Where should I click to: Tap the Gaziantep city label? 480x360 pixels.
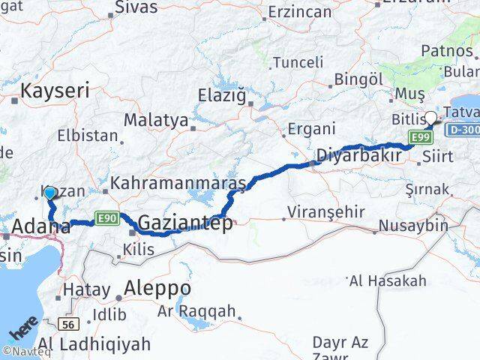(x=185, y=223)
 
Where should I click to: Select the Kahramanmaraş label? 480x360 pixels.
(x=178, y=183)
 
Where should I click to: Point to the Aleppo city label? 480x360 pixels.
(x=157, y=288)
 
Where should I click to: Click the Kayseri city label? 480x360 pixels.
(x=55, y=91)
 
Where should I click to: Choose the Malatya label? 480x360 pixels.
(x=155, y=119)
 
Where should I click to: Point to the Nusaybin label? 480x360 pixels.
(x=412, y=225)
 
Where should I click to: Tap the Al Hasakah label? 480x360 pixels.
(x=387, y=280)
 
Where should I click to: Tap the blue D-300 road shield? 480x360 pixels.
(x=462, y=129)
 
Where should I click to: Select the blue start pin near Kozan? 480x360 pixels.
(x=49, y=193)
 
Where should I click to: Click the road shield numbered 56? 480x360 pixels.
(x=67, y=323)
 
